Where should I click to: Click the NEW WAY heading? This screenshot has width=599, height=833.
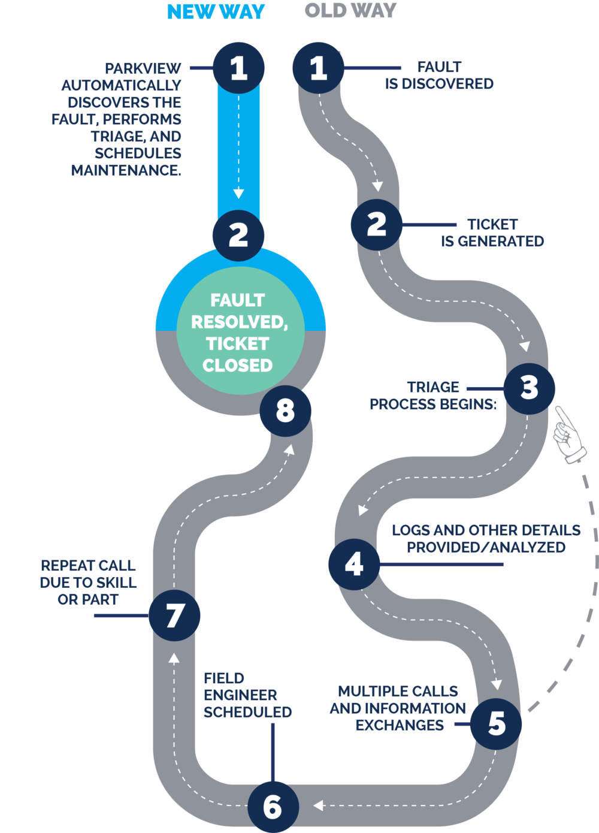click(x=216, y=11)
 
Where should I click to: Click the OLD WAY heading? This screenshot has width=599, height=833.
click(x=350, y=10)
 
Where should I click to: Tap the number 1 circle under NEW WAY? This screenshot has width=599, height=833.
click(x=238, y=68)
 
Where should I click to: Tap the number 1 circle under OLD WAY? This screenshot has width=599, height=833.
click(x=318, y=68)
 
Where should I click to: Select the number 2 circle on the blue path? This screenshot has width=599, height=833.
click(x=238, y=234)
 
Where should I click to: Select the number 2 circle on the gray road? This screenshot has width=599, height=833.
click(x=377, y=224)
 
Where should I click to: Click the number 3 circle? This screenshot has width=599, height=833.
click(x=529, y=388)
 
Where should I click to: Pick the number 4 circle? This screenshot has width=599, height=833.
click(x=354, y=564)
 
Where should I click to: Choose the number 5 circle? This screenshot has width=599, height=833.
click(x=496, y=723)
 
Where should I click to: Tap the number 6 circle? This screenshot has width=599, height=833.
click(x=273, y=807)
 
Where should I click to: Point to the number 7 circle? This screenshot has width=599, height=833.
click(x=174, y=615)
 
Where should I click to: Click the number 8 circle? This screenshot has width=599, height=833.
click(x=285, y=411)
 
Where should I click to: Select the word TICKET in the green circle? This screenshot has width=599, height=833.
click(x=238, y=343)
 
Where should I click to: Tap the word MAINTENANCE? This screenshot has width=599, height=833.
click(x=126, y=171)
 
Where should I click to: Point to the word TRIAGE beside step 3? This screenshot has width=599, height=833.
click(x=433, y=387)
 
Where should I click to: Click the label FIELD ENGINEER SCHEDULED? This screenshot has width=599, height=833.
click(x=247, y=695)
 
